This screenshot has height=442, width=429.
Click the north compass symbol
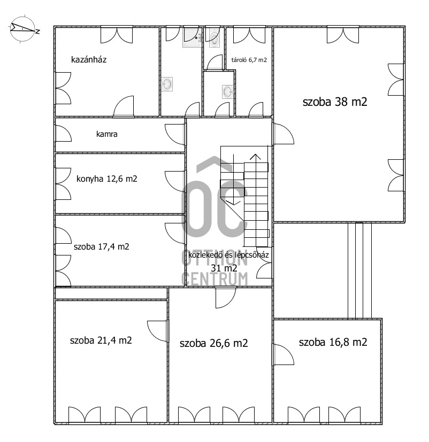click(x=24, y=29)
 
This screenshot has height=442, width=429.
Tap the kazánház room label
click(x=89, y=59)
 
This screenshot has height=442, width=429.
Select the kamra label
click(x=106, y=134)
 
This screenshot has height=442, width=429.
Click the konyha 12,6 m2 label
click(x=106, y=179)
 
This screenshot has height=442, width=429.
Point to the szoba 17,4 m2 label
click(x=101, y=246)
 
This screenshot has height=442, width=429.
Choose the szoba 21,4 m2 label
click(x=101, y=340)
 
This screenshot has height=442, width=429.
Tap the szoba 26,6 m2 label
click(x=213, y=343)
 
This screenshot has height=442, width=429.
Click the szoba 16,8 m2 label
click(x=333, y=342)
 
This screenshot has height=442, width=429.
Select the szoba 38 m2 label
click(x=335, y=102)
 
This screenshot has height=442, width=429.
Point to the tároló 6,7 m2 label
click(x=249, y=60)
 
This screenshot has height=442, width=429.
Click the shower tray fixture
click(x=193, y=37)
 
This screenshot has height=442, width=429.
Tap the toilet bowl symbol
click(x=215, y=39)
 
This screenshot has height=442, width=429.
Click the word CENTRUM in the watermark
click(x=215, y=279)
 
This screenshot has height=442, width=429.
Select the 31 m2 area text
click(x=224, y=268)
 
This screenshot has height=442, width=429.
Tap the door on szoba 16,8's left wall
click(x=284, y=355)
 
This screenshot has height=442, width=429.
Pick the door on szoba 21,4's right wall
click(x=157, y=331)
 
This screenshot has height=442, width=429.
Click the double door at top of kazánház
click(x=117, y=35)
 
